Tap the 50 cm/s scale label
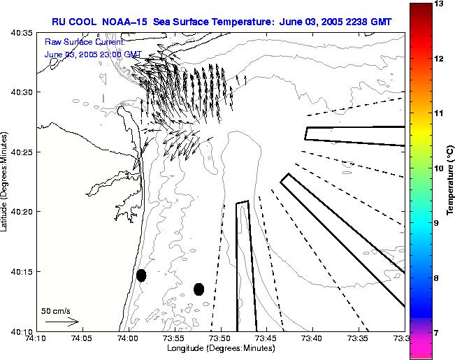[x=56, y=310]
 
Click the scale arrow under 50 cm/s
[x=62, y=322]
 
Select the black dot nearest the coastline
[x=141, y=275]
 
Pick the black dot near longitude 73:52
[x=198, y=289]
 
